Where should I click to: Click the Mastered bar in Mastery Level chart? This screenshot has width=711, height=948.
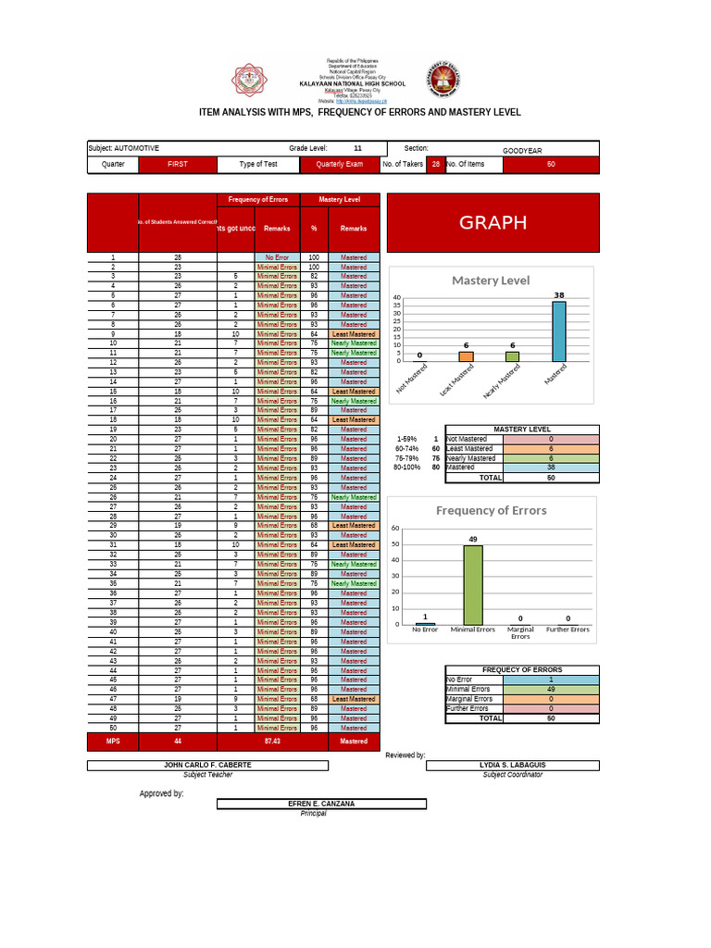click(558, 331)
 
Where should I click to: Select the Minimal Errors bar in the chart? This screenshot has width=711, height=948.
click(473, 584)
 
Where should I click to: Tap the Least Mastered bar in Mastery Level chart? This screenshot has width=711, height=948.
click(467, 355)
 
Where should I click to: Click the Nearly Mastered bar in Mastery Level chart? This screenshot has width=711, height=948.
click(512, 355)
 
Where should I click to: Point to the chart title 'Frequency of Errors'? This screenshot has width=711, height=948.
click(491, 510)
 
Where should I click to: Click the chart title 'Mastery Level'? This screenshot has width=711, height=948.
click(490, 281)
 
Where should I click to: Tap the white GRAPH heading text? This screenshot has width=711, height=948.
click(493, 222)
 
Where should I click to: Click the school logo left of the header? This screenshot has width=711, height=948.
click(248, 81)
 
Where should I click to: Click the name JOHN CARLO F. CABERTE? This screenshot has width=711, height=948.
click(207, 765)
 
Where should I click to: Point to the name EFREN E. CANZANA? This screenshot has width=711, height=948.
click(321, 804)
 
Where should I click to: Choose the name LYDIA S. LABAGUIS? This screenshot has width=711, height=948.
click(512, 765)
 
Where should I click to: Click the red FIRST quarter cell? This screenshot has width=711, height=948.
click(177, 164)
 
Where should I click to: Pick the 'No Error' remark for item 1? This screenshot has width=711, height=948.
click(277, 256)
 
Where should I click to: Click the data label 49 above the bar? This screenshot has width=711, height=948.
click(473, 538)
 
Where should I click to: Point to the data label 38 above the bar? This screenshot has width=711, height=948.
click(558, 295)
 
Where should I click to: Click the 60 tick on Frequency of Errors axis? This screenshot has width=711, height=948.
click(394, 529)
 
